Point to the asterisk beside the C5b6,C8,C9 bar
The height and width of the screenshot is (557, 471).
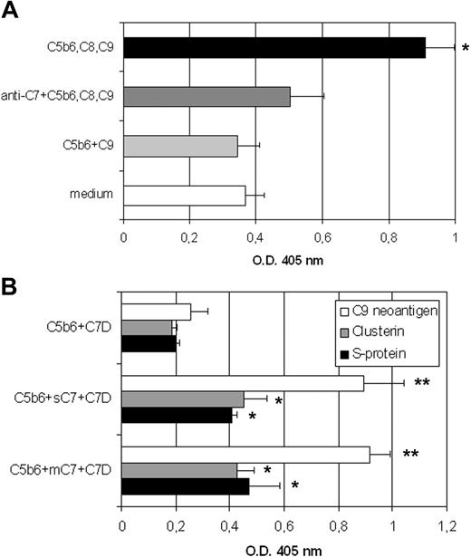[x=465, y=48]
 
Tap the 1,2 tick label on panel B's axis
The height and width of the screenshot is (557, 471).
[x=446, y=523]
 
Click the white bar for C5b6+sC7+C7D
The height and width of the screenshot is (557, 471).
[x=243, y=383]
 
